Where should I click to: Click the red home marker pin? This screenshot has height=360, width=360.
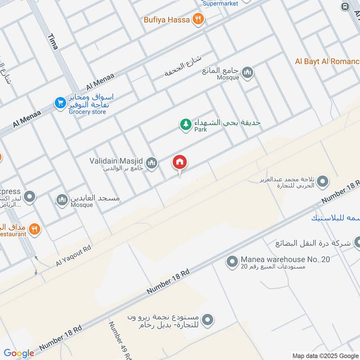180,163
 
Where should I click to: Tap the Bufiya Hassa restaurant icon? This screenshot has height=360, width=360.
198,19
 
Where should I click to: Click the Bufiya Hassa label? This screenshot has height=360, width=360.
166,20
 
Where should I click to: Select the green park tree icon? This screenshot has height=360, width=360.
186,125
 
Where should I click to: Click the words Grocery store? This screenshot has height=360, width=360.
87,112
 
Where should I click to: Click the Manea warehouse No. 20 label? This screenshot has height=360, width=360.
285,260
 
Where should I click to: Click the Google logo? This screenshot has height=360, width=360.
19,353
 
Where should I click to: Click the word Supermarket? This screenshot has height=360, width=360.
220,4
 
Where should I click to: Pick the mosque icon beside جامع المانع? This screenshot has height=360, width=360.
247,72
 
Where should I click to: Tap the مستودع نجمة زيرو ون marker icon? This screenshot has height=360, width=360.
207,320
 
